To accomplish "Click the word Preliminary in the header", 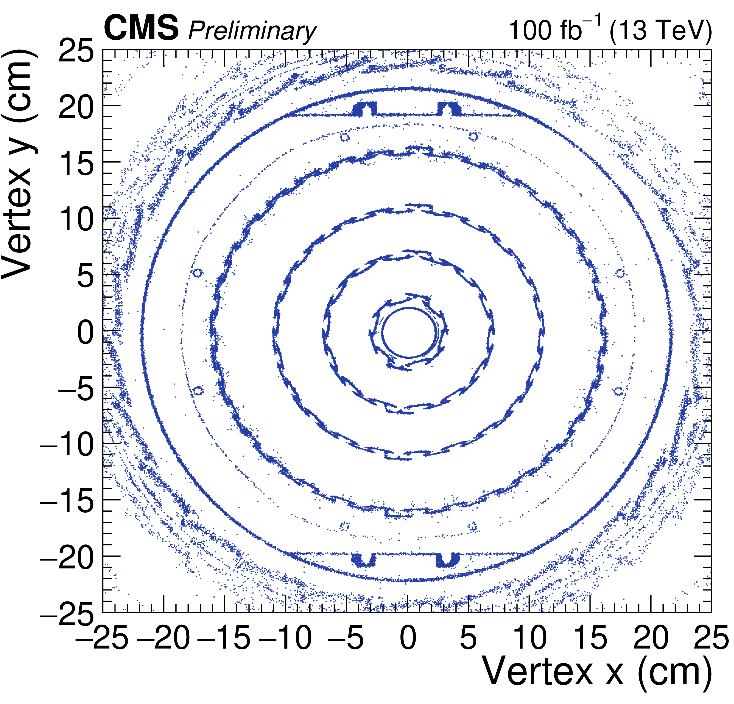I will [252, 31].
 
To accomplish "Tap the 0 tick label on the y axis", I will [85, 333].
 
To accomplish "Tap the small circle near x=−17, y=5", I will [197, 273].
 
